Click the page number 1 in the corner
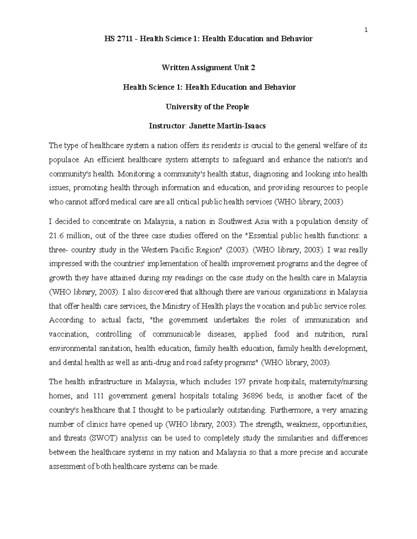pyautogui.click(x=366, y=30)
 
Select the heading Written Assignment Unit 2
pyautogui.click(x=208, y=68)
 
